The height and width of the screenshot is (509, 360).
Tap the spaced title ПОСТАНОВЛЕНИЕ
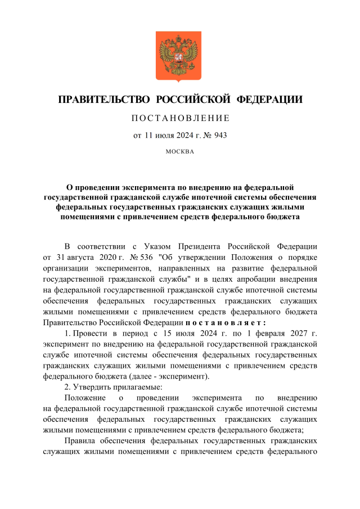point(180,118)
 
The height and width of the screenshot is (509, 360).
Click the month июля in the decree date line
point(166,135)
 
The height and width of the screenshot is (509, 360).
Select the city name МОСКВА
point(180,151)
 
